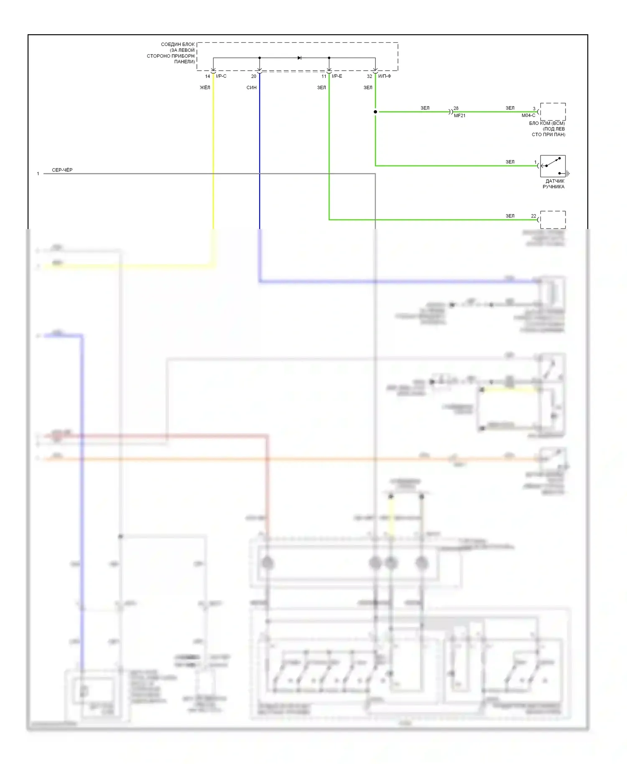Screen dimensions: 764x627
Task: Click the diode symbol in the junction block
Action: [299, 58]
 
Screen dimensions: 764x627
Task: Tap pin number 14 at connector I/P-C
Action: [207, 76]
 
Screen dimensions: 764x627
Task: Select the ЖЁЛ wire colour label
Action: [205, 88]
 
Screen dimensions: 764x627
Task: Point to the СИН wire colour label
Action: [252, 88]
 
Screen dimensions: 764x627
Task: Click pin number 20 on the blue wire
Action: [254, 76]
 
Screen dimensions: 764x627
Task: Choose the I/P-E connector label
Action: [337, 76]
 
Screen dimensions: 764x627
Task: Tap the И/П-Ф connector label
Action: [385, 76]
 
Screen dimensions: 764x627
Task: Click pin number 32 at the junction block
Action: [370, 76]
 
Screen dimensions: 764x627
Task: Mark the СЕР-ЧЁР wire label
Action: [62, 170]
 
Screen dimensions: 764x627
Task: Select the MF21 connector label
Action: [459, 116]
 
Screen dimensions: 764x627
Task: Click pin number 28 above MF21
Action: [456, 108]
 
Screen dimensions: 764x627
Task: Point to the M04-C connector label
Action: [528, 116]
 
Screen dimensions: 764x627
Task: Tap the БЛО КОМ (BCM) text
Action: [547, 124]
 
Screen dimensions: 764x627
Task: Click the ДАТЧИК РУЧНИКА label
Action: [554, 184]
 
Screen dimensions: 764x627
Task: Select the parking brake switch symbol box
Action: [553, 166]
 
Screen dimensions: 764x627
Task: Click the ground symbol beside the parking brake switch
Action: [568, 173]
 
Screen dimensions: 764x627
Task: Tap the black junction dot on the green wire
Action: [375, 112]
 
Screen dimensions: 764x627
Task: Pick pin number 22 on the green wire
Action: [533, 216]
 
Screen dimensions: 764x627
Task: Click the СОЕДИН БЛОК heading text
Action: [178, 44]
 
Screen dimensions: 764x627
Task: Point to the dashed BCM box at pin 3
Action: [553, 112]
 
